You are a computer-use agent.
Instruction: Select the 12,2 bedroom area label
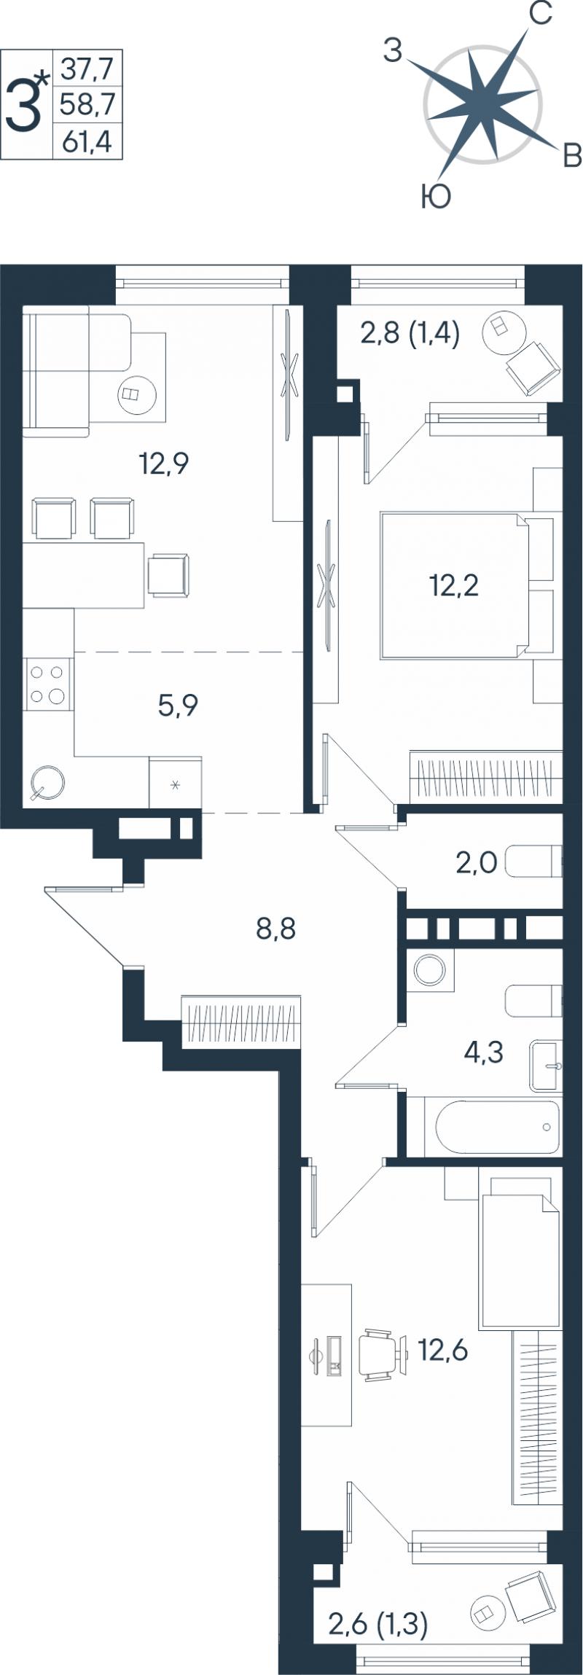pyautogui.click(x=454, y=585)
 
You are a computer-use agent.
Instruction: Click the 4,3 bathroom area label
pyautogui.click(x=484, y=1053)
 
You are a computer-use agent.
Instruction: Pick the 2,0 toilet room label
pyautogui.click(x=477, y=864)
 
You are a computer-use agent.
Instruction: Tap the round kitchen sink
pyautogui.click(x=47, y=783)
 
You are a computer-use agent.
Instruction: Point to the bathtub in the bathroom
pyautogui.click(x=498, y=1127)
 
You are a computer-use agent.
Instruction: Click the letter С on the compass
pyautogui.click(x=540, y=14)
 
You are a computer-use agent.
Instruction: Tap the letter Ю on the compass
pyautogui.click(x=436, y=196)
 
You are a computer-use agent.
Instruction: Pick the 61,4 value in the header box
pyautogui.click(x=87, y=141)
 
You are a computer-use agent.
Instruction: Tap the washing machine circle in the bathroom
pyautogui.click(x=429, y=970)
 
